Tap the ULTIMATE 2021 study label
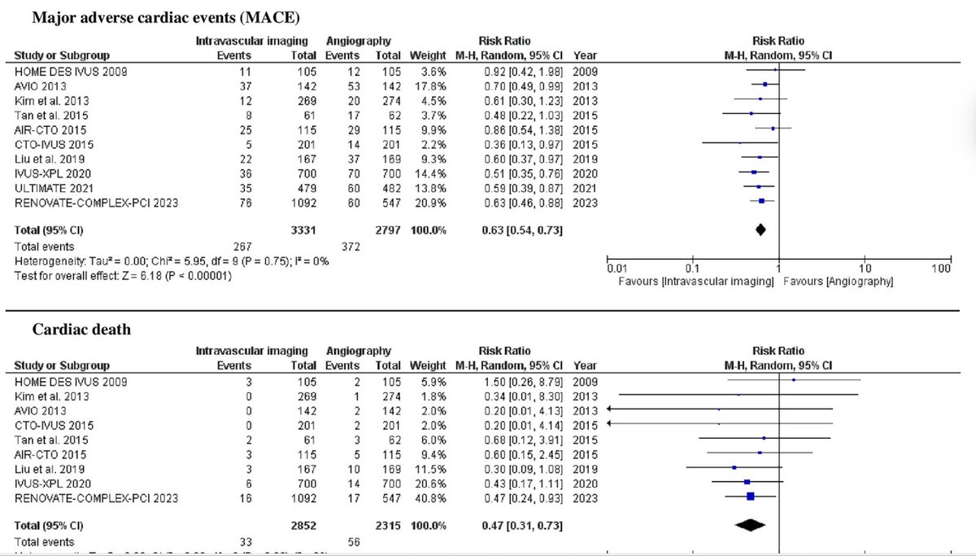point(50,186)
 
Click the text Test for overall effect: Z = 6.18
point(123,274)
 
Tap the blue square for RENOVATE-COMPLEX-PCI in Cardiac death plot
point(751,497)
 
